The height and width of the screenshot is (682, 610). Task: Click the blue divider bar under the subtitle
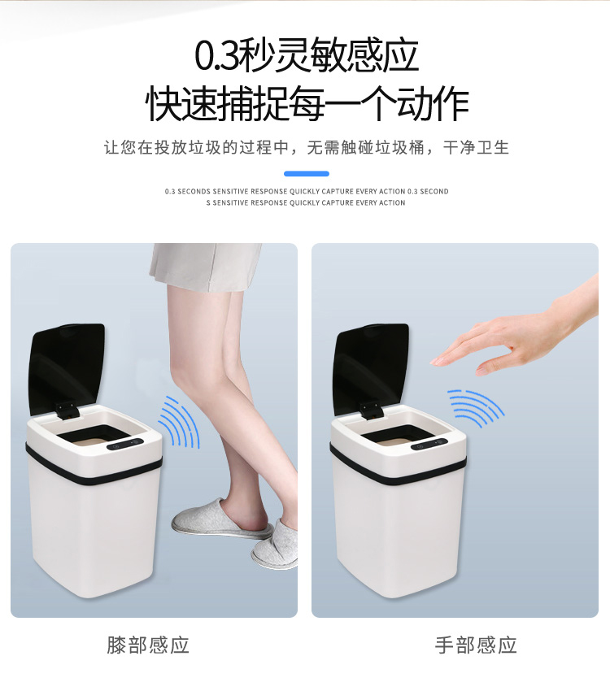coord(307,173)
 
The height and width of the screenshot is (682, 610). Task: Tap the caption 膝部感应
coord(148,645)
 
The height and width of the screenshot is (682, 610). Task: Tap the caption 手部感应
coord(476,645)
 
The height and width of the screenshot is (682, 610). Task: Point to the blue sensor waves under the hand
coord(477,406)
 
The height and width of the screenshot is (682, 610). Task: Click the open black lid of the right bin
coord(371,369)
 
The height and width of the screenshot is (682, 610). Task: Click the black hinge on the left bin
coord(65,411)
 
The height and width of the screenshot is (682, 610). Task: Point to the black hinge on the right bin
coord(370,411)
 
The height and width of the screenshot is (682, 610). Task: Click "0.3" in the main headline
coord(216,57)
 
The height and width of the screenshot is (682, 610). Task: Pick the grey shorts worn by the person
coord(205,266)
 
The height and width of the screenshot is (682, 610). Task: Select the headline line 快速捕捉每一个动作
coord(307,103)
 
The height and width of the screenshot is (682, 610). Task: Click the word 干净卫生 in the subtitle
coord(476,147)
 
